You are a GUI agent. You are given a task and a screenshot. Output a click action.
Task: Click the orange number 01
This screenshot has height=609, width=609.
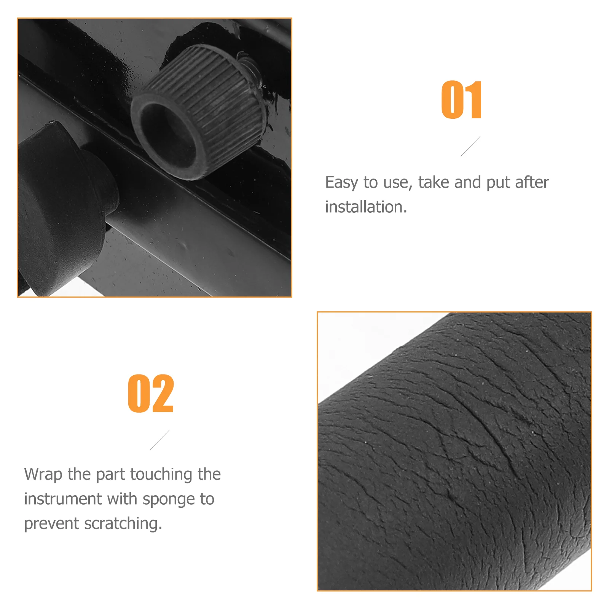click(462, 100)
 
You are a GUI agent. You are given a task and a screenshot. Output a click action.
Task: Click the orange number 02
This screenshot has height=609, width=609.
click(151, 393)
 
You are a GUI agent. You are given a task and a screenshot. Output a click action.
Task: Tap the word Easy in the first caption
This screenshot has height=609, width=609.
click(341, 183)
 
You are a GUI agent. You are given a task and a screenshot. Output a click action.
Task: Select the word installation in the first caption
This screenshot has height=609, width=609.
click(366, 207)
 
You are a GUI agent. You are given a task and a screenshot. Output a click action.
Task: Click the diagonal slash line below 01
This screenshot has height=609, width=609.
click(470, 146)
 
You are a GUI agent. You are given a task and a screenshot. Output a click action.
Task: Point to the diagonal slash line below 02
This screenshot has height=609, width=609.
click(159, 440)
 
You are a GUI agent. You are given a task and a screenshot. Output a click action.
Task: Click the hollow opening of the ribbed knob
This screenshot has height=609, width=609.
click(168, 136)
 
